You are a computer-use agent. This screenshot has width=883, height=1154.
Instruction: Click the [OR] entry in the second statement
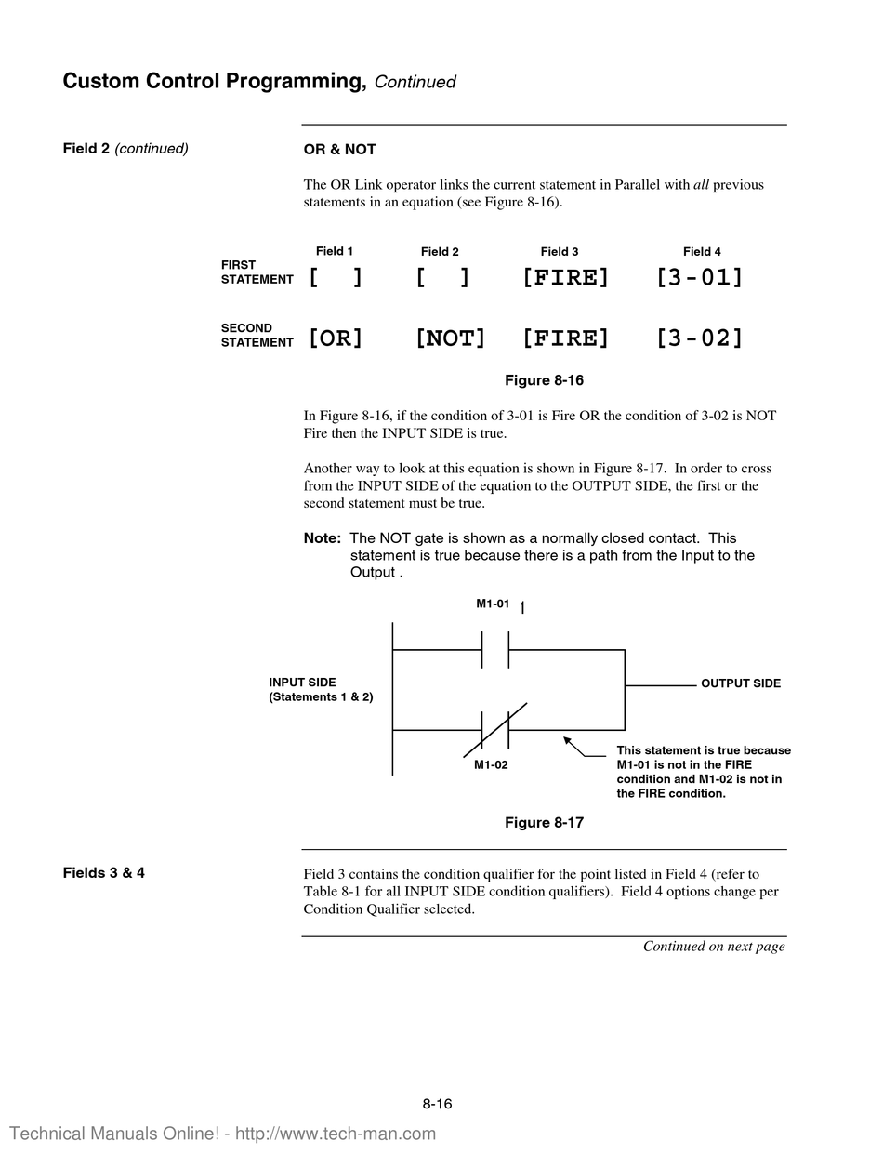[x=336, y=338]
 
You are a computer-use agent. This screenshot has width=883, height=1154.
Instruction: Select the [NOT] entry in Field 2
[x=451, y=338]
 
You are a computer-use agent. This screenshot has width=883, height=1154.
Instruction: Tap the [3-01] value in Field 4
[x=700, y=276]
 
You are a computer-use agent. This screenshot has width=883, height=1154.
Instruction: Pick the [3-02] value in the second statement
[x=700, y=338]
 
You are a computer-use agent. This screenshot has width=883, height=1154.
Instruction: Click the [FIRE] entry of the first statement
[x=565, y=276]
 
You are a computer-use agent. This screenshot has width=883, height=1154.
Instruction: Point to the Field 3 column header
[x=560, y=251]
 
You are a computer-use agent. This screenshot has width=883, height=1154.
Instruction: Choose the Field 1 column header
[x=335, y=251]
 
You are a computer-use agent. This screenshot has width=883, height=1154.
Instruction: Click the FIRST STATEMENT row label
[x=257, y=272]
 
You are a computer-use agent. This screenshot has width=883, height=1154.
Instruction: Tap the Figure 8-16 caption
[x=544, y=380]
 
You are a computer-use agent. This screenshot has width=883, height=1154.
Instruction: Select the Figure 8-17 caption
[x=544, y=823]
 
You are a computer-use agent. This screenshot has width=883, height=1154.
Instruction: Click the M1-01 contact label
[x=493, y=604]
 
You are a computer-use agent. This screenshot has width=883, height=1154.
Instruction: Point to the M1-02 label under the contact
[x=491, y=764]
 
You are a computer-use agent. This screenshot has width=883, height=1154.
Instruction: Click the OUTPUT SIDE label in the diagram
[x=741, y=683]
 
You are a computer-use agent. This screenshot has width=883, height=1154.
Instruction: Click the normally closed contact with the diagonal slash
[x=495, y=730]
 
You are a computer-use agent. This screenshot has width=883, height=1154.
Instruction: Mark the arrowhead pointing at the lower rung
[x=567, y=740]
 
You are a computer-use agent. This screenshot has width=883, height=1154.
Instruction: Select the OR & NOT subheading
[x=339, y=150]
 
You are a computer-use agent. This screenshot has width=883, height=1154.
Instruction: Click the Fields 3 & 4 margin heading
[x=103, y=872]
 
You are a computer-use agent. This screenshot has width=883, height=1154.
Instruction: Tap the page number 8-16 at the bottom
[x=437, y=1104]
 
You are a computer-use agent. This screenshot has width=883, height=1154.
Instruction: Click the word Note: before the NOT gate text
[x=322, y=538]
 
